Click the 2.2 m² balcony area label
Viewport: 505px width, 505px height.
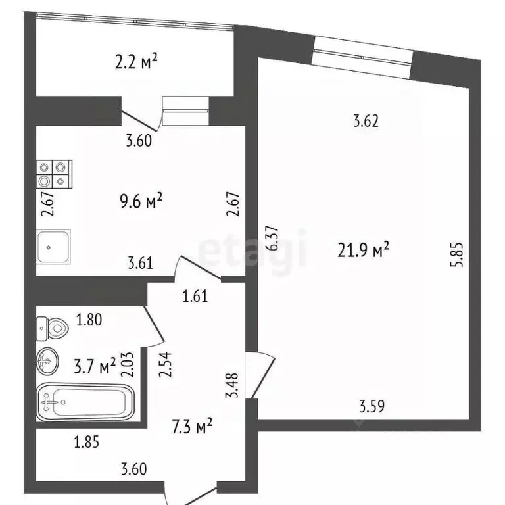coord(136,63)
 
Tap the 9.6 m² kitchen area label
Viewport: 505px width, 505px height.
coord(141,201)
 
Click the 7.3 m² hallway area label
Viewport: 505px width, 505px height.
coord(191,428)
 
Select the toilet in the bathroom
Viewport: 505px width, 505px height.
coord(51,325)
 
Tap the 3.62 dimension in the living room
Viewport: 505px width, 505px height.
coord(366,121)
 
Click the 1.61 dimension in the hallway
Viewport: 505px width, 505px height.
coord(195,295)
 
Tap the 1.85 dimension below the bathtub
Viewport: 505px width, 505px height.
coord(86,443)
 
